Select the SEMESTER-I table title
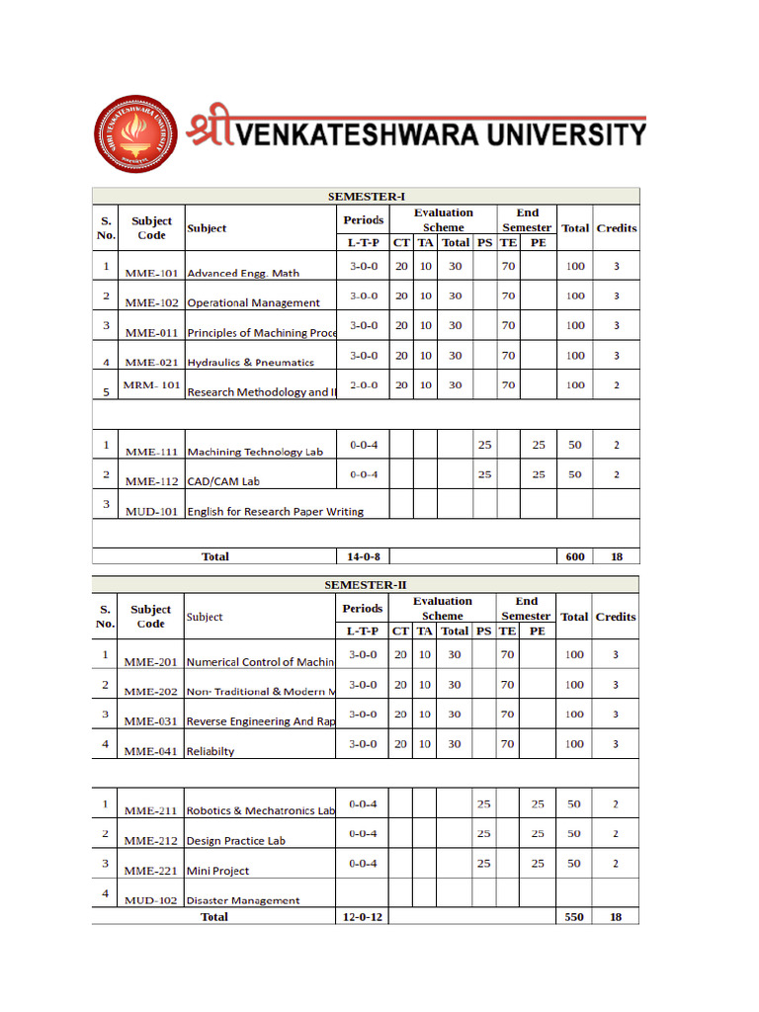tap(367, 197)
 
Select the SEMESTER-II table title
tap(366, 585)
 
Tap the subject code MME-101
tap(151, 273)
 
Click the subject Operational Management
tap(253, 302)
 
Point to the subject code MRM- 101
tap(151, 384)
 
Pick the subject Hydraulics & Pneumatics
tap(250, 362)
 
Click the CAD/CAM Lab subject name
tap(223, 481)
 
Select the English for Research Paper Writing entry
tap(275, 511)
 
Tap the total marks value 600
tap(574, 556)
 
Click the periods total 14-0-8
tap(363, 556)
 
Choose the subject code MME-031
tap(151, 721)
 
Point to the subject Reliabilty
tap(211, 751)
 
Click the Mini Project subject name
tap(217, 871)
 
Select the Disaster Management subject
tap(243, 900)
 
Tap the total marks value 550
tap(573, 917)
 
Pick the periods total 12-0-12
tap(363, 917)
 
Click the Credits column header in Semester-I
tap(617, 227)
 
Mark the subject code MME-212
tap(151, 841)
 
